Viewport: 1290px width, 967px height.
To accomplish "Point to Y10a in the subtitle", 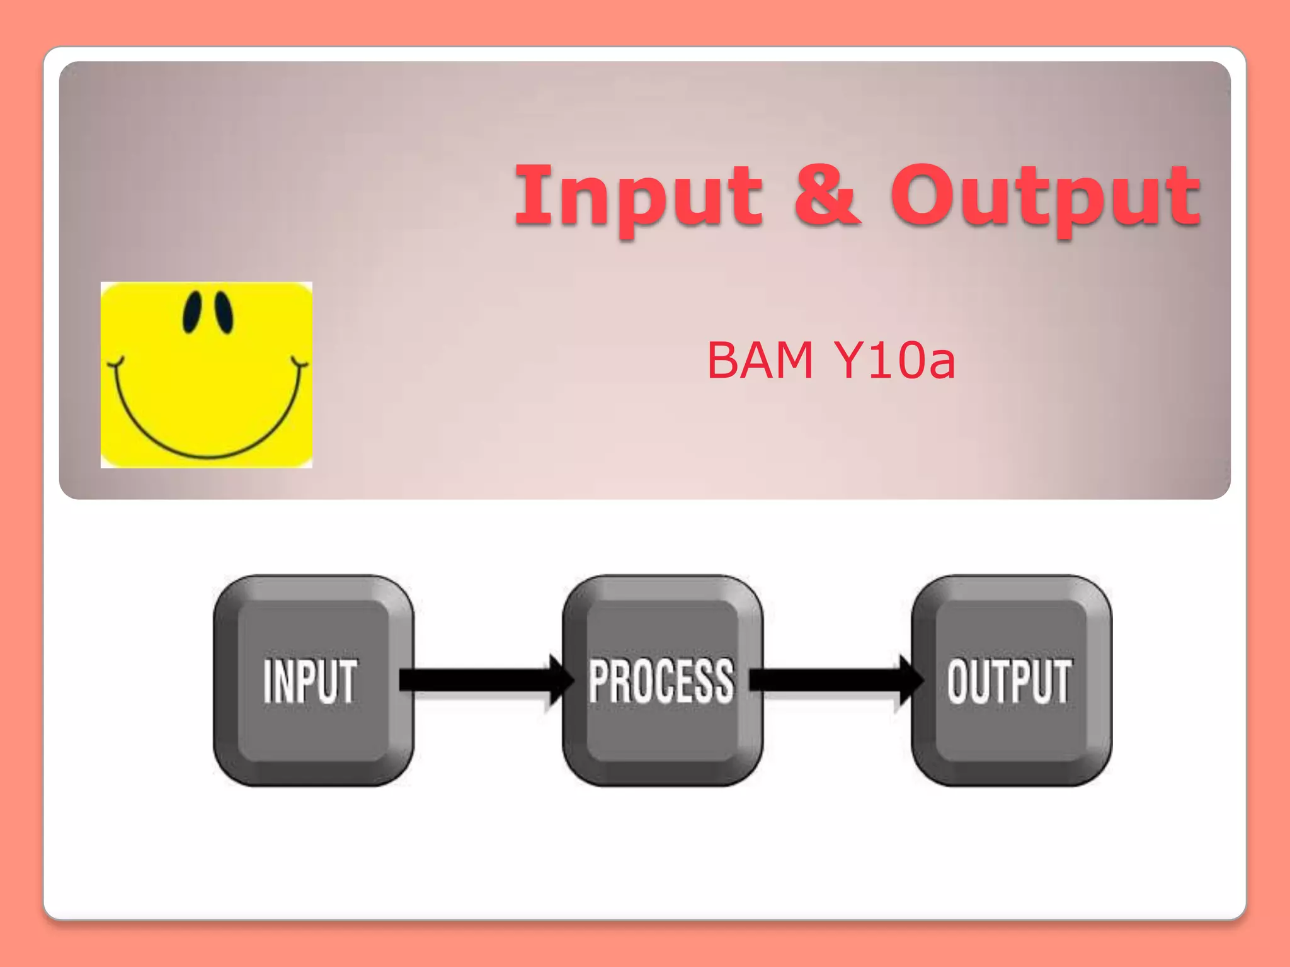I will point(894,360).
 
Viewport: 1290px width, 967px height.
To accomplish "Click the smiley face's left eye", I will point(192,312).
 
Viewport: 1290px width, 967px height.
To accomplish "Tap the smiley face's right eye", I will point(224,312).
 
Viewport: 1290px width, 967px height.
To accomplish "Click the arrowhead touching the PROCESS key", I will point(559,680).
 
